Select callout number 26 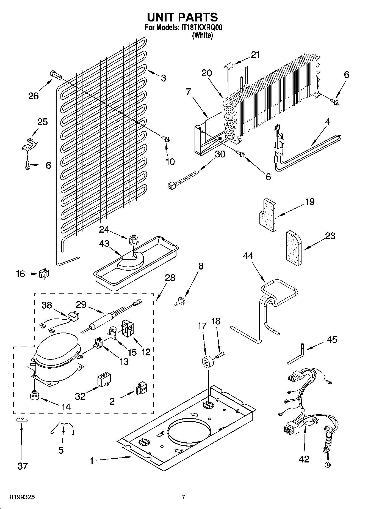pos(33,96)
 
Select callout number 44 pos(248,256)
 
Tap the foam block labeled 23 pos(294,249)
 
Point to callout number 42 pos(304,459)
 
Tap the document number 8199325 pos(23,497)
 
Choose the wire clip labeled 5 pos(63,429)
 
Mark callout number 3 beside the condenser pos(163,78)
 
